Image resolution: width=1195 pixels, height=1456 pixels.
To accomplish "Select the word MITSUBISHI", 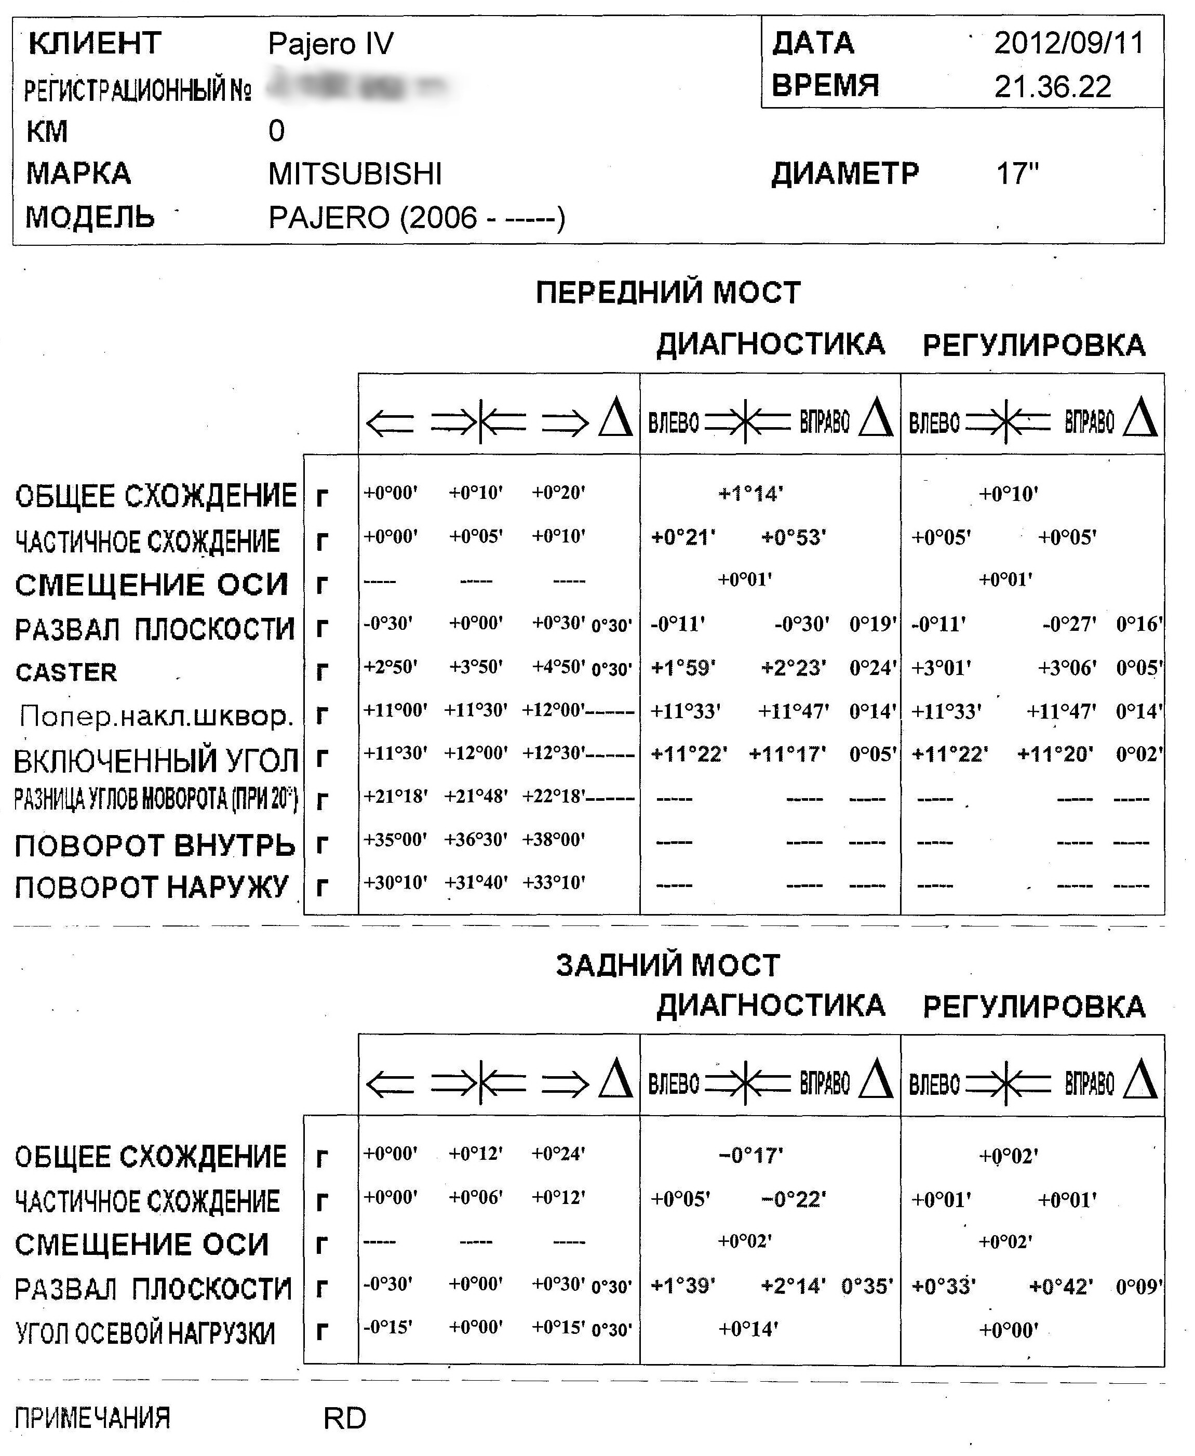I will [355, 174].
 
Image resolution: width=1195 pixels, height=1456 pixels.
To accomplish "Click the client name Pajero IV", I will [330, 44].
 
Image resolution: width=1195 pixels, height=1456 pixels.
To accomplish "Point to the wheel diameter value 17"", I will [1017, 174].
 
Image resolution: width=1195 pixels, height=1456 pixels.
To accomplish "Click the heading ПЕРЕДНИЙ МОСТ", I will [668, 293].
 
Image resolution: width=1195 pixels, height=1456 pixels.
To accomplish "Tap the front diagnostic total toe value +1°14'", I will [750, 493].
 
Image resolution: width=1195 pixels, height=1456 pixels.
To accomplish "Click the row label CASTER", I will [66, 672].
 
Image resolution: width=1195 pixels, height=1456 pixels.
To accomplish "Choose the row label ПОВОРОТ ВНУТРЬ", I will [155, 845].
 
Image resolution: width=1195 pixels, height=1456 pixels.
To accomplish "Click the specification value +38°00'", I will [554, 840].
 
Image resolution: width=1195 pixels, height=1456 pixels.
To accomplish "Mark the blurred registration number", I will [358, 86].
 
